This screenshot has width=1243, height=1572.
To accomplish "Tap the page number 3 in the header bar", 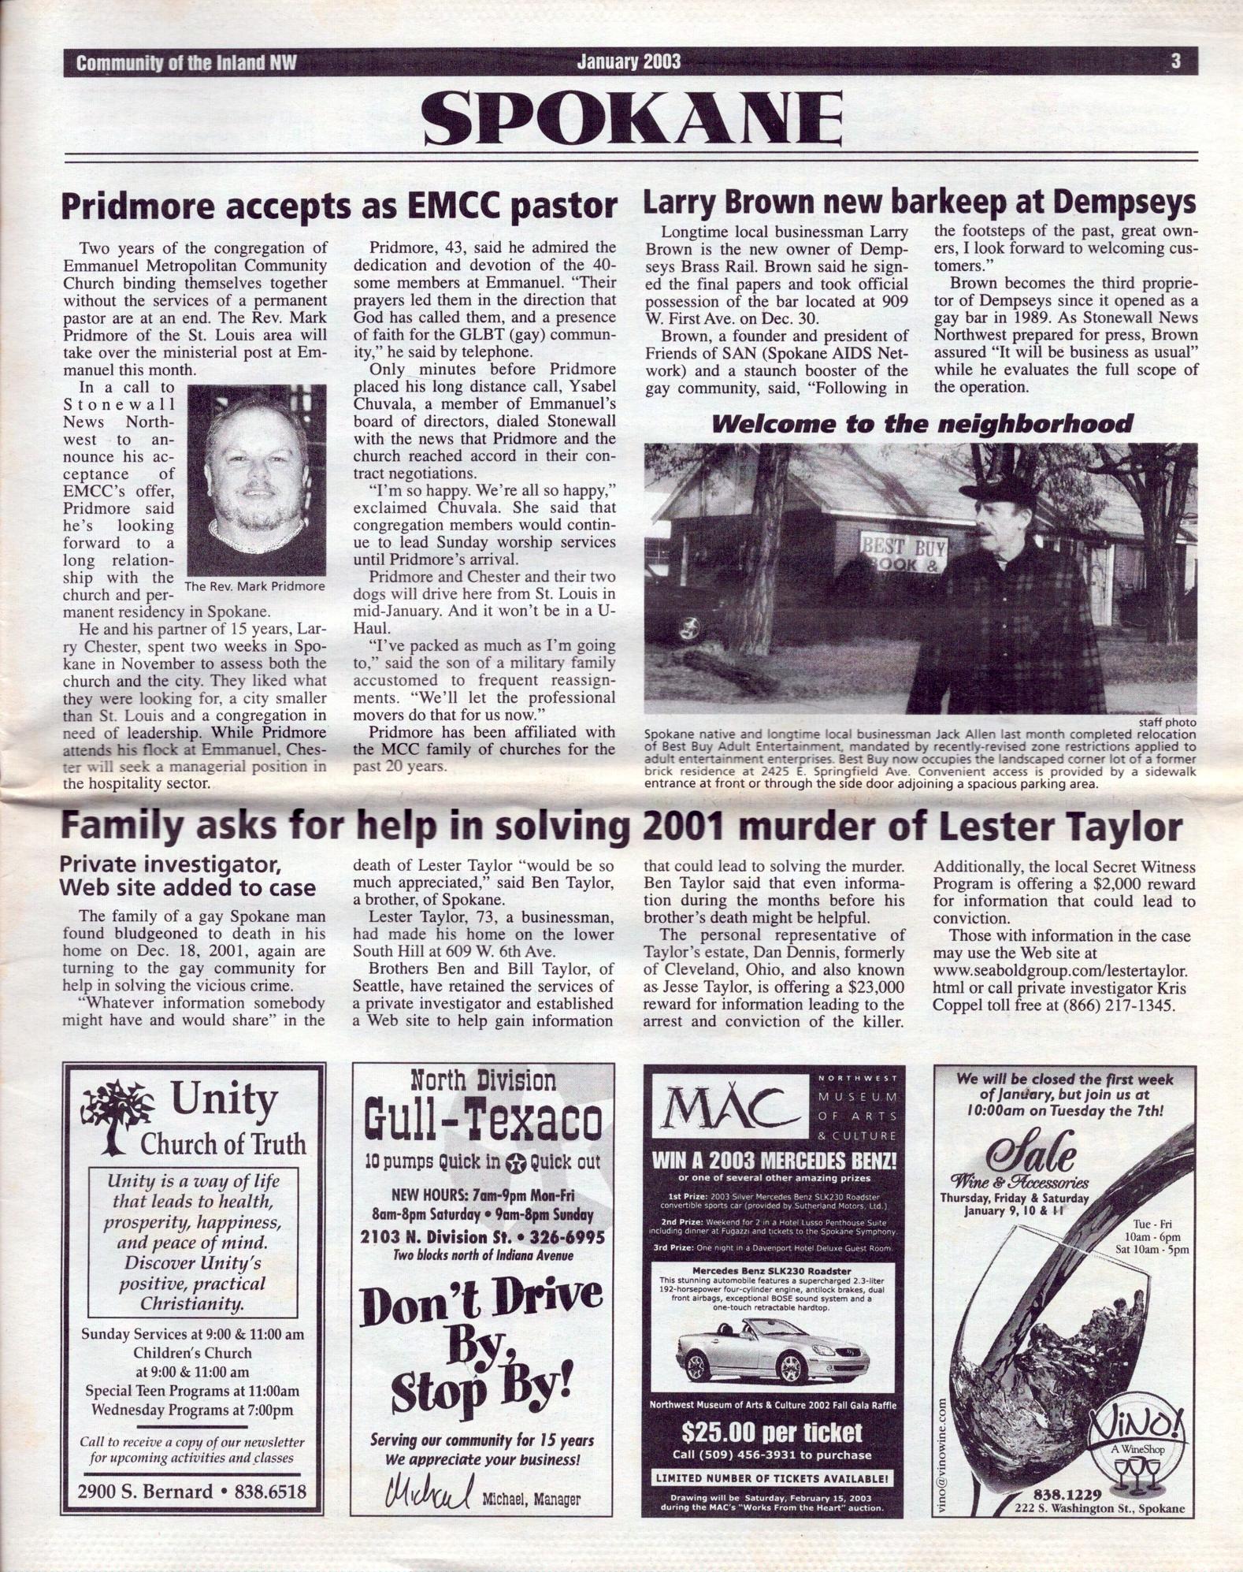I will (1175, 61).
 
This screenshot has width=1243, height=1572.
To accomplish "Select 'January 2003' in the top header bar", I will (629, 61).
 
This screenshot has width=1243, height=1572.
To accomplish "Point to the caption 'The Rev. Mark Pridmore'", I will (254, 586).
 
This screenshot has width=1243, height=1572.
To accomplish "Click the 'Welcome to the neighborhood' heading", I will (922, 424).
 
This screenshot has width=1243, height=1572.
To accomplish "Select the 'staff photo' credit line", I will (1167, 722).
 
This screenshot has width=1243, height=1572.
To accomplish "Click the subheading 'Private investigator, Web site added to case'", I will (187, 875).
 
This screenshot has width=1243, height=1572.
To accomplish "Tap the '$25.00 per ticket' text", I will (772, 1432).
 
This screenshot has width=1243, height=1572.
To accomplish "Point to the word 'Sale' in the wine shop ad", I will (1032, 1152).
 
